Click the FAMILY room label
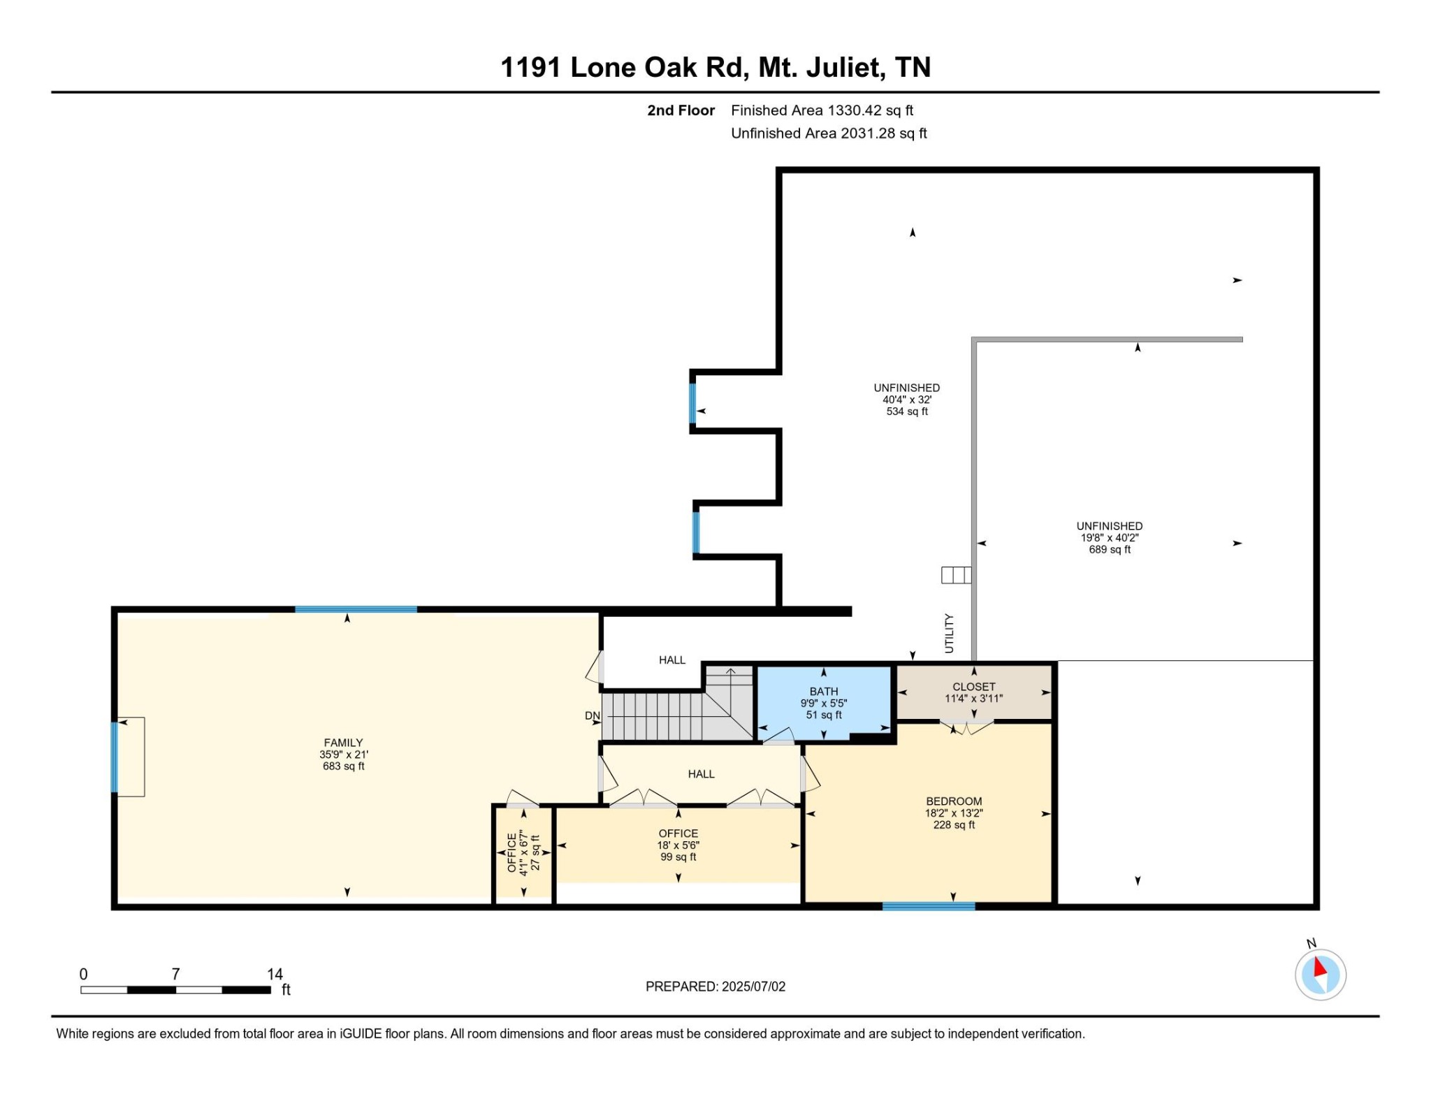[x=343, y=743]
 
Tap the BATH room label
[x=824, y=691]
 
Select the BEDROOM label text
[x=954, y=801]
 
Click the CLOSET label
[x=973, y=687]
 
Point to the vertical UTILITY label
[x=949, y=633]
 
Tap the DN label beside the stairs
[x=592, y=715]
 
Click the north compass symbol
[x=1320, y=974]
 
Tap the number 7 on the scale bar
[x=175, y=973]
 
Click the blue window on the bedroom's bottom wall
[x=928, y=906]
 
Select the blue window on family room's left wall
[x=115, y=757]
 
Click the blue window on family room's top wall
[x=356, y=610]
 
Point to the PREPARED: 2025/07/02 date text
[x=715, y=987]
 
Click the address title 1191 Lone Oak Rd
[x=715, y=67]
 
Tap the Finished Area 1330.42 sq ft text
[x=822, y=110]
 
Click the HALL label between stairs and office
[x=701, y=774]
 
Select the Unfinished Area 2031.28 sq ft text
[x=829, y=133]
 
